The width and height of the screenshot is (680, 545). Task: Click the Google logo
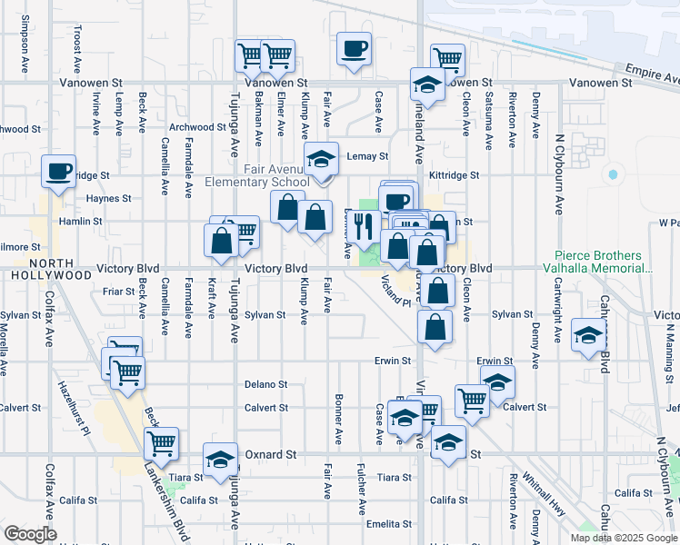pos(30,534)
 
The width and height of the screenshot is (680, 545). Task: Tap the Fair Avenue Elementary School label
pos(276,175)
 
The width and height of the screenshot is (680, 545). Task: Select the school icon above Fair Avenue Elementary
pos(320,160)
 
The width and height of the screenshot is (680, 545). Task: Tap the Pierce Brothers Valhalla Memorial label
pos(605,263)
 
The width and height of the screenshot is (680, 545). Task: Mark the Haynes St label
pos(109,198)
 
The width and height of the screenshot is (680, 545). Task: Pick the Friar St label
pos(119,292)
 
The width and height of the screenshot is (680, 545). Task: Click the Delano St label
pos(265,384)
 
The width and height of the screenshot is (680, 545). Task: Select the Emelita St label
pos(389,524)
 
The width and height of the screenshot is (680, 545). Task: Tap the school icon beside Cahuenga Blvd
pos(588,337)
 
